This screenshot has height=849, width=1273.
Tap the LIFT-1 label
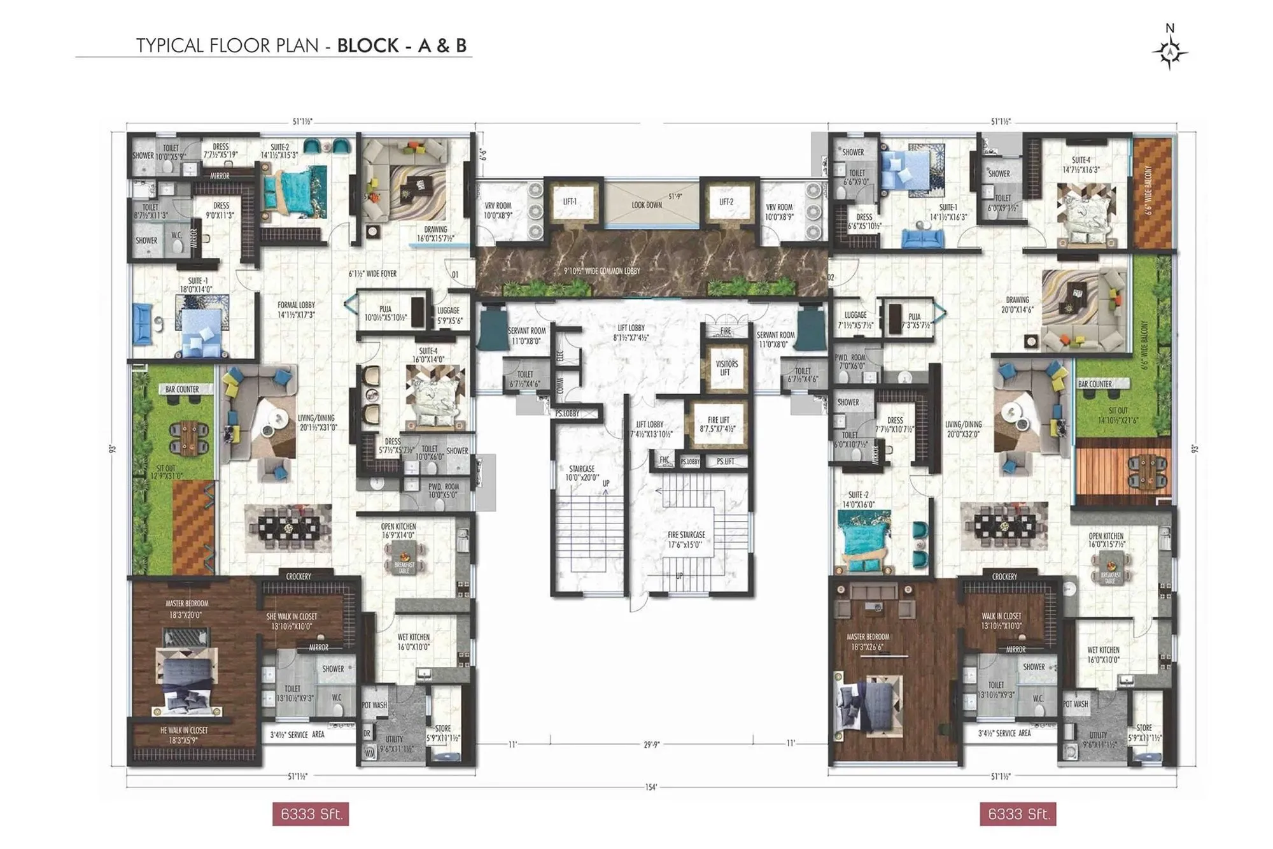click(x=570, y=202)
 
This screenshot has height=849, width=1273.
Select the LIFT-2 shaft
click(x=726, y=202)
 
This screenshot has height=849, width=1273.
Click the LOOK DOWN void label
click(x=647, y=205)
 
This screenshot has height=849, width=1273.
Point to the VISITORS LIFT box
click(x=726, y=368)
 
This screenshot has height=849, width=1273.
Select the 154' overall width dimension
click(x=651, y=787)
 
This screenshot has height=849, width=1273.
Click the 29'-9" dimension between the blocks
click(x=651, y=743)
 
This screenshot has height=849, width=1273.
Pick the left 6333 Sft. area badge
click(x=311, y=814)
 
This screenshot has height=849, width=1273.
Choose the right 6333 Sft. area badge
click(x=1018, y=814)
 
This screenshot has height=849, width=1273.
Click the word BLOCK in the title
click(x=368, y=46)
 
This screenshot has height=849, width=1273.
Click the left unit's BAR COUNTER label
click(x=182, y=389)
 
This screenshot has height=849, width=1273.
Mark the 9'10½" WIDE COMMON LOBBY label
click(x=602, y=271)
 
